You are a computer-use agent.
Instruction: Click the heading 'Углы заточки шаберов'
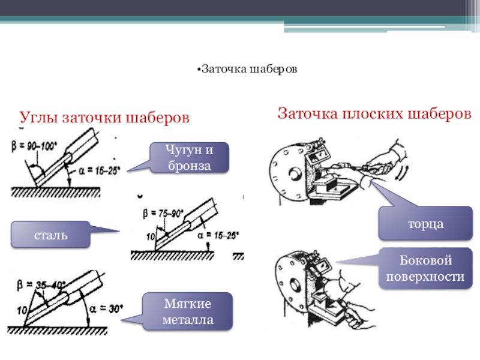pos(105,118)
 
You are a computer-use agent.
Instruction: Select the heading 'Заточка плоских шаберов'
pos(374,113)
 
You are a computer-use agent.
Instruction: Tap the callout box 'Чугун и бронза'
pos(189,158)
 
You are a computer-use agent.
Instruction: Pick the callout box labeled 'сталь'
pos(50,235)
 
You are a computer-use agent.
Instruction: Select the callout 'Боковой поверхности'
pos(425,268)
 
